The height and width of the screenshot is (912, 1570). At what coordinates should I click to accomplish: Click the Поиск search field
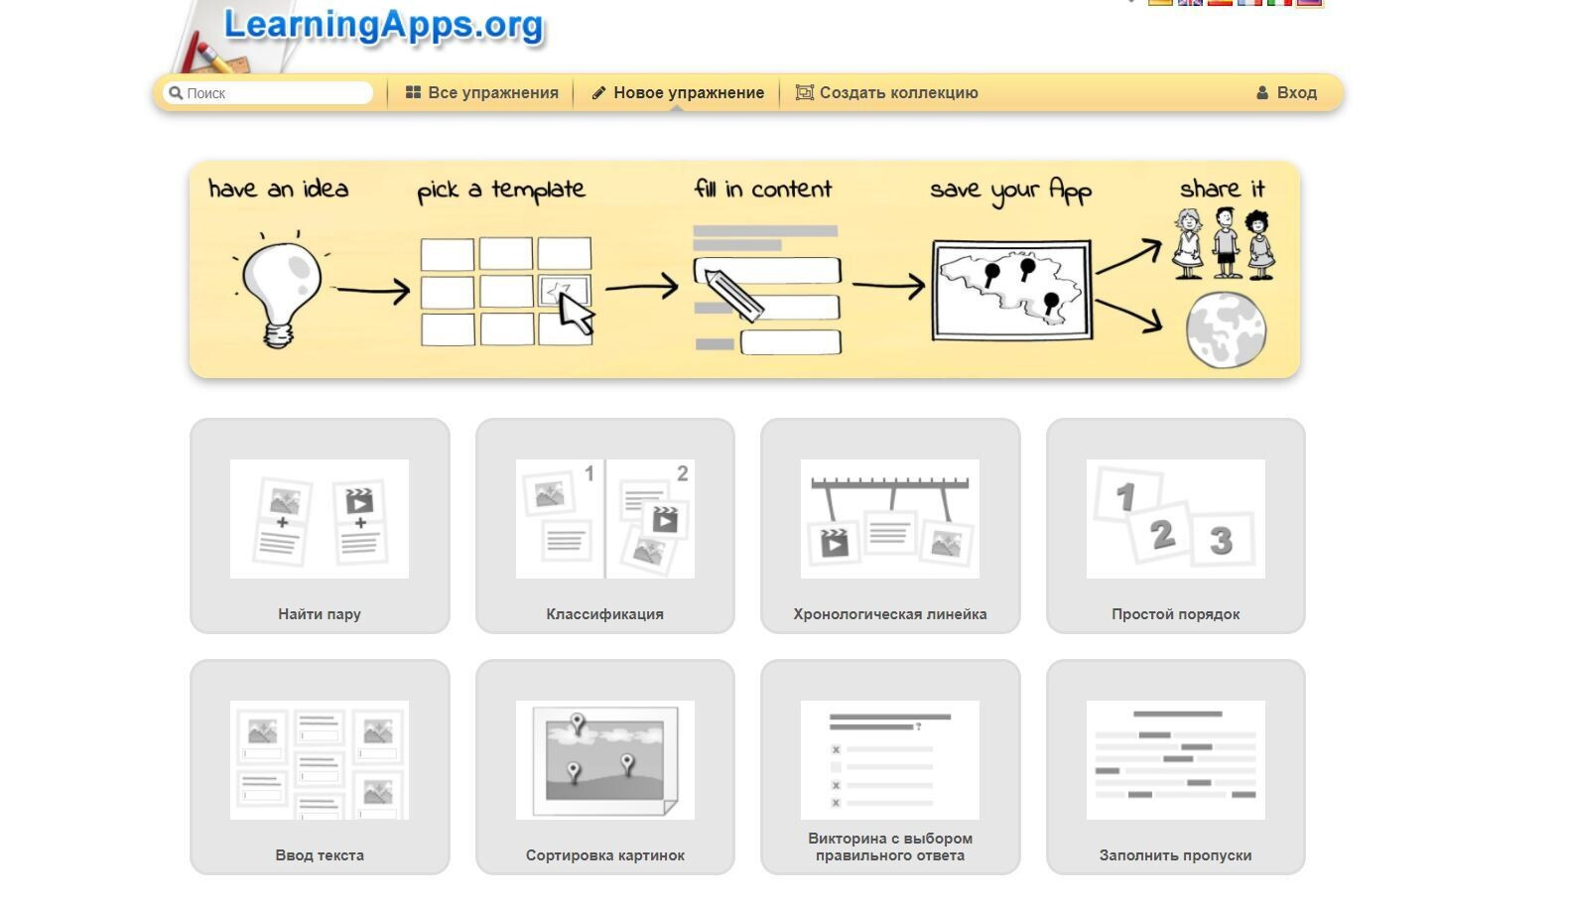point(267,93)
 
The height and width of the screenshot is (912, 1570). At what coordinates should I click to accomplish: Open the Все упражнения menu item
point(482,92)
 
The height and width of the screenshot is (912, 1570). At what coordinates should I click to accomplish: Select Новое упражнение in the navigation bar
point(678,92)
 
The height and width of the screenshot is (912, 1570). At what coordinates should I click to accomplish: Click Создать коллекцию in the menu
point(886,92)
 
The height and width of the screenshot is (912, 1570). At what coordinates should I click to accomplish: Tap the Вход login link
point(1287,92)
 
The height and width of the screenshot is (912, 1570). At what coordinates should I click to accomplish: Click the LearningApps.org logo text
point(383,26)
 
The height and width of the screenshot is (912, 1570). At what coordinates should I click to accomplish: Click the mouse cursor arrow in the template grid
point(577,314)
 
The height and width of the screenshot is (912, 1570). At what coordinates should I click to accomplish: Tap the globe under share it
point(1226,330)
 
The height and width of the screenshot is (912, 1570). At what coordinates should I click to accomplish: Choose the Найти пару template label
point(320,614)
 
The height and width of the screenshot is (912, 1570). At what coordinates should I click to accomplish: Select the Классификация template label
point(604,614)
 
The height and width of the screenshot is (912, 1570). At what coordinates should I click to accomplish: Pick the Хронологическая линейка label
point(890,614)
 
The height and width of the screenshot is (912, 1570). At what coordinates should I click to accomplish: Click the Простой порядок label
point(1175,614)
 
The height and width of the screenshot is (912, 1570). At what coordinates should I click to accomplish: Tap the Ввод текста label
point(320,855)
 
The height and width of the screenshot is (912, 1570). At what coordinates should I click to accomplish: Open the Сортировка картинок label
point(604,855)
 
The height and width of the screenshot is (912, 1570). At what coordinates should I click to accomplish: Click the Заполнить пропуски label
point(1175,855)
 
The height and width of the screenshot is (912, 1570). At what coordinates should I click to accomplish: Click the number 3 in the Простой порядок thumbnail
point(1221,541)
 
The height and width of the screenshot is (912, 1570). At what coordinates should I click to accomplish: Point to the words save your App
point(1010,191)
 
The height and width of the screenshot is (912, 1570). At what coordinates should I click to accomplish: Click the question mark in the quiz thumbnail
point(918,727)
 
